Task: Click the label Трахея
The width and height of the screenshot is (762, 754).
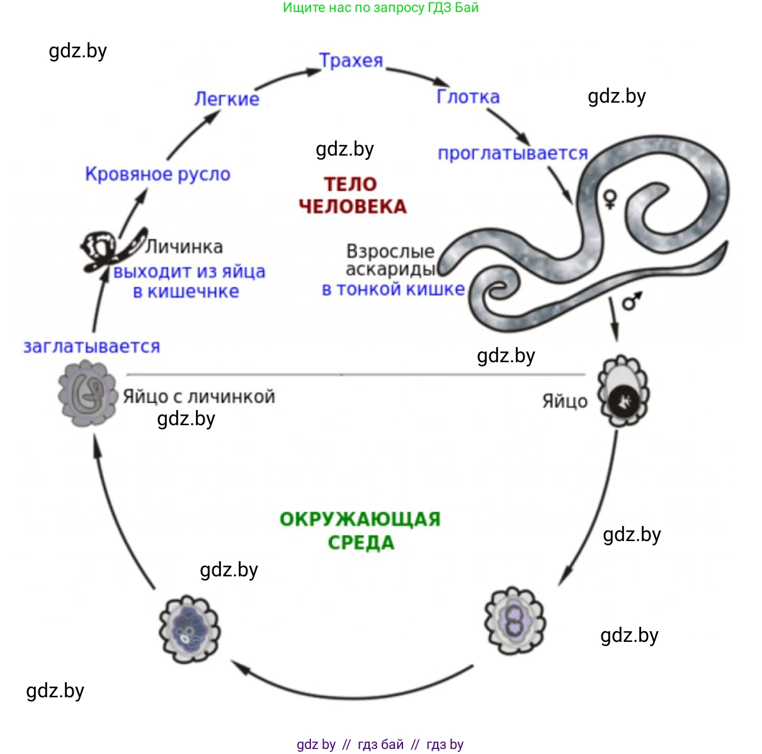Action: click(351, 60)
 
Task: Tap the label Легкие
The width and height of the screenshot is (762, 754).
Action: click(227, 99)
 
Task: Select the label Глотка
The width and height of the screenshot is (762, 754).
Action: click(468, 96)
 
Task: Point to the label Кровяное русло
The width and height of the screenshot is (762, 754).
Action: click(157, 174)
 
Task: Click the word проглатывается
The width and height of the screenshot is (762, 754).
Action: click(513, 153)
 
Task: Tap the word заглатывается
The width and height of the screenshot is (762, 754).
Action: click(92, 346)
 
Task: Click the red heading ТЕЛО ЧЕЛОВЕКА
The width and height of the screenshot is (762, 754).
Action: click(353, 195)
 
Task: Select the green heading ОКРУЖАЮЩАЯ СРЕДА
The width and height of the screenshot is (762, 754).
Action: click(360, 530)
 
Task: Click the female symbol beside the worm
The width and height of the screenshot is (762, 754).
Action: click(609, 198)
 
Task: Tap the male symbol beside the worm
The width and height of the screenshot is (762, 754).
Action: click(631, 301)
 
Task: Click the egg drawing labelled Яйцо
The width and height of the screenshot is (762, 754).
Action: click(623, 391)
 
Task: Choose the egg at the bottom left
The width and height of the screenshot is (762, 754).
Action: click(189, 629)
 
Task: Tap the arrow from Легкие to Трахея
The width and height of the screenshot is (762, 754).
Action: click(287, 77)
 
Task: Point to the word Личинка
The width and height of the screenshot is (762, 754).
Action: click(185, 246)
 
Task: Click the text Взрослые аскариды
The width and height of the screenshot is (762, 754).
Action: click(390, 260)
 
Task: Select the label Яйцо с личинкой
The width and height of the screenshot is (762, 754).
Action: click(199, 397)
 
